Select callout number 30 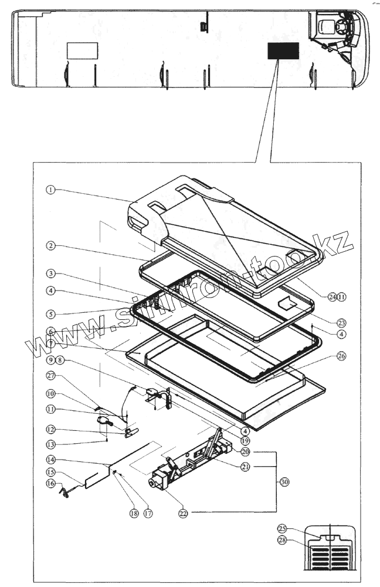pos(284,482)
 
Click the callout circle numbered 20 pos(245,451)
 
